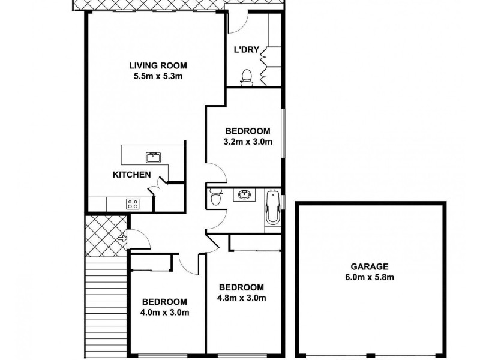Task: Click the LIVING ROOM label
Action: [158, 65]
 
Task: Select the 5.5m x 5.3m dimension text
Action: [158, 76]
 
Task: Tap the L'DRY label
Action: [246, 50]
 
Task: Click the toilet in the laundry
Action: [246, 76]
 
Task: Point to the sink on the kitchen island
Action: [153, 158]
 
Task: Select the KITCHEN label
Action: [131, 175]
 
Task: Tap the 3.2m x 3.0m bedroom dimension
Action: [248, 142]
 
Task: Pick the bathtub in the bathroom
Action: [273, 207]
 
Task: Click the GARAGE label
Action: [370, 266]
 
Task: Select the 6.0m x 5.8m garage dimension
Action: [370, 277]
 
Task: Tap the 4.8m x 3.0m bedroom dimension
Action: [241, 298]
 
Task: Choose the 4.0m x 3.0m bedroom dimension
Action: [164, 312]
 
